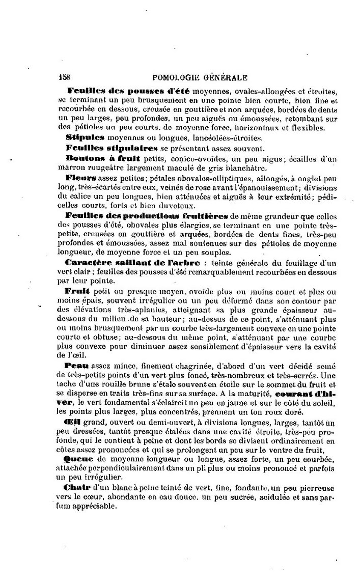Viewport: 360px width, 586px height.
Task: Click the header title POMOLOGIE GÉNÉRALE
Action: click(200, 78)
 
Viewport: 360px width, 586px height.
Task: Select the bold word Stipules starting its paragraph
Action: click(85, 137)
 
